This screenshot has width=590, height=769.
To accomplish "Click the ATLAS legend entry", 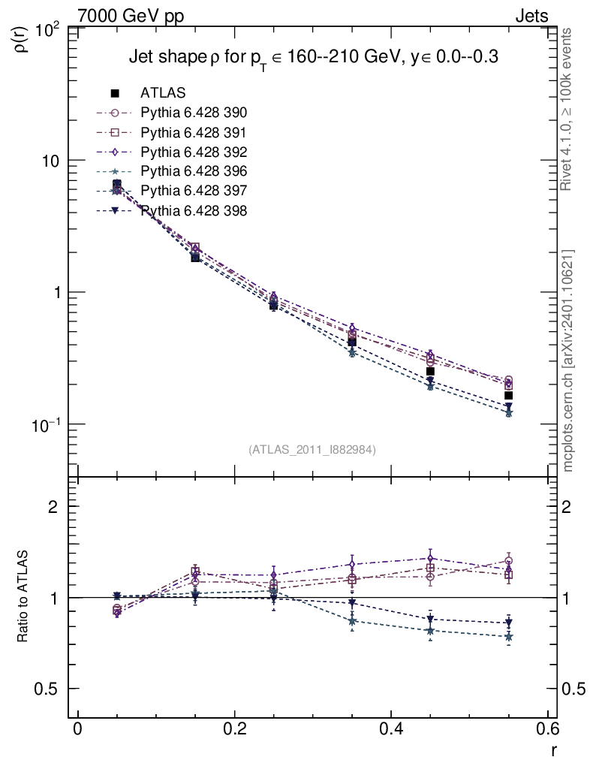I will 163,93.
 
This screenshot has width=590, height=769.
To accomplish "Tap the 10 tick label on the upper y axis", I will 54,161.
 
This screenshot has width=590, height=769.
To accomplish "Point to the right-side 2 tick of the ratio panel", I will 576,506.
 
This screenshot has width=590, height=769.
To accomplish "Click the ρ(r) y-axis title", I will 23,38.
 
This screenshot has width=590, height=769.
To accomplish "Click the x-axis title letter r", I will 554,750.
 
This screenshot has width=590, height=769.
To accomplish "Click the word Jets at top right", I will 531,15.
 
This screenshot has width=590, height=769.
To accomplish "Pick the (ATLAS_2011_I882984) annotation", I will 312,449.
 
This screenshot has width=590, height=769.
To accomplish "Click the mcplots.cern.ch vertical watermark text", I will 568,360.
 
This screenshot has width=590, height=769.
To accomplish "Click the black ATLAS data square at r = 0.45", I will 430,372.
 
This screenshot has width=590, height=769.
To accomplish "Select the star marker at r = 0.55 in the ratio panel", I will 509,637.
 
